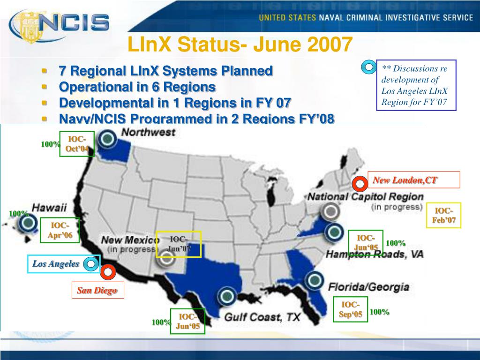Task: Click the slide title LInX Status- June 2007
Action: (240, 45)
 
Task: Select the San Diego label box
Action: (97, 291)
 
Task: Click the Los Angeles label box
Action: (56, 264)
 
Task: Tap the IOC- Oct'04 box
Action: (76, 144)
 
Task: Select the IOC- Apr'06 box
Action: (60, 231)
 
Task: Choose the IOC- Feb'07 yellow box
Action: (443, 216)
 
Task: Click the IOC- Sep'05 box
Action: (350, 310)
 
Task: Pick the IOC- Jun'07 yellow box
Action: (178, 244)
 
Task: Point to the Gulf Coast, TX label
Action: (262, 317)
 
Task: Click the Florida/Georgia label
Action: (369, 287)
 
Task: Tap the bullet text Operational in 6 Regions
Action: (137, 87)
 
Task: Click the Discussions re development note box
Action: (416, 85)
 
